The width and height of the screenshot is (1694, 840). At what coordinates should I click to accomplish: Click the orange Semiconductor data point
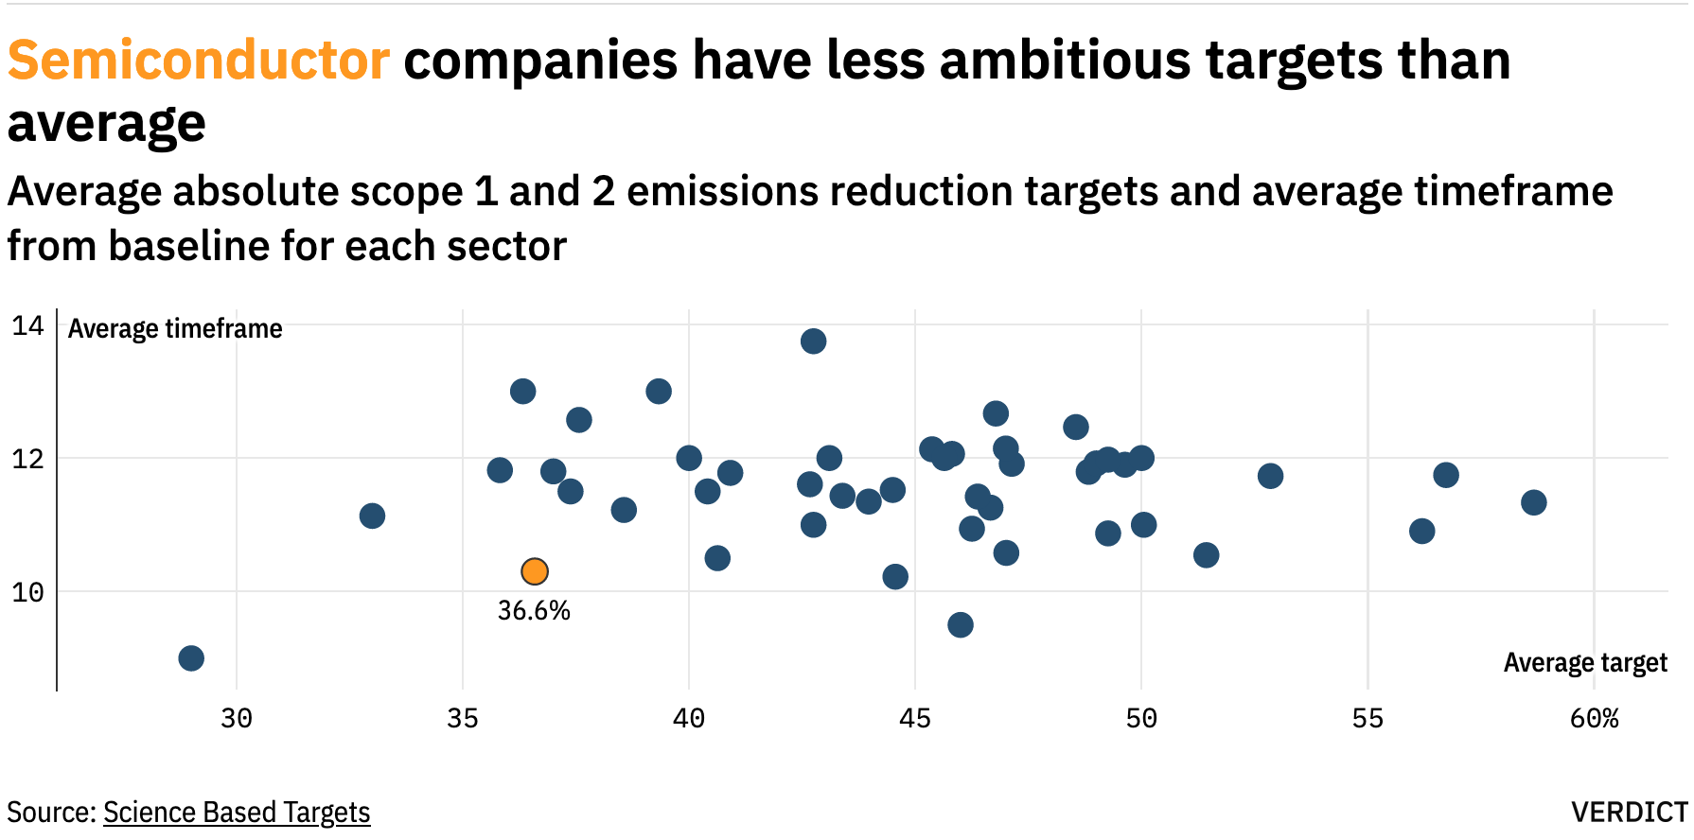click(x=535, y=571)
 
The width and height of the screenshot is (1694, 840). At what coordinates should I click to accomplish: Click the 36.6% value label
click(x=534, y=611)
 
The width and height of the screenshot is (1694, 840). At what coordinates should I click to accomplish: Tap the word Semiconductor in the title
click(x=199, y=61)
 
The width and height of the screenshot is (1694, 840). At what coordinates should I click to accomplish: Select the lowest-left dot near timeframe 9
click(x=191, y=658)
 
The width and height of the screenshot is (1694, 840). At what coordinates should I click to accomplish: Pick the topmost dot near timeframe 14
click(x=813, y=341)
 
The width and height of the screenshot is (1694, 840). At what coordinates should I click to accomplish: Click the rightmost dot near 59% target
click(x=1534, y=502)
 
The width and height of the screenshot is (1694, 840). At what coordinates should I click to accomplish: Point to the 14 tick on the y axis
click(x=27, y=326)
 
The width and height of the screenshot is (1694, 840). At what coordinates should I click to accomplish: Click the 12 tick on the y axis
click(x=27, y=460)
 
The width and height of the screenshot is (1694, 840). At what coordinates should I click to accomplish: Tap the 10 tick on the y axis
click(x=27, y=593)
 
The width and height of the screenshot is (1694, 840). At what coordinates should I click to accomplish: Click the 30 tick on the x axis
click(x=237, y=719)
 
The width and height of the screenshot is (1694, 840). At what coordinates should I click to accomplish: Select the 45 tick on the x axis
click(x=915, y=719)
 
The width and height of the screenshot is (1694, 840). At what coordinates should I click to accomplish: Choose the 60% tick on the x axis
click(x=1594, y=719)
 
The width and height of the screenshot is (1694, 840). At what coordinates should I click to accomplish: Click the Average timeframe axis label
click(x=175, y=329)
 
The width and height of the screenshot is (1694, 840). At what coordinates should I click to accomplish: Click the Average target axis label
click(x=1585, y=663)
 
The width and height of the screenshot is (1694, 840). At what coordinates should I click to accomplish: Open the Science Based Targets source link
click(x=237, y=813)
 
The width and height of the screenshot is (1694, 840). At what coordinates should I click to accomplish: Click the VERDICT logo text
click(x=1628, y=813)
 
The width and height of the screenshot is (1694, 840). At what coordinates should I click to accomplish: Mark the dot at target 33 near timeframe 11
click(x=372, y=516)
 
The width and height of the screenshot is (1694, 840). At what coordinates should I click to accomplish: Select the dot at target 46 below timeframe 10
click(x=961, y=624)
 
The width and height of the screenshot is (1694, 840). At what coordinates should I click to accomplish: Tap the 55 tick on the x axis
click(x=1368, y=719)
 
